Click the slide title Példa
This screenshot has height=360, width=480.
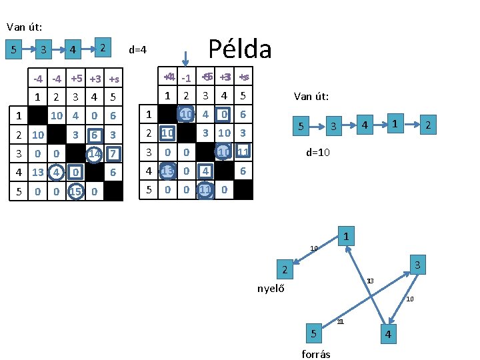tap(240, 48)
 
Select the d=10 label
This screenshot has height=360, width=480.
tap(317, 152)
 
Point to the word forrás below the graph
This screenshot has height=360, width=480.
tap(316, 353)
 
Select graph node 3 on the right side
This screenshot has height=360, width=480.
tap(417, 265)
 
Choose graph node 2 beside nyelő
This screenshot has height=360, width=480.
tap(283, 271)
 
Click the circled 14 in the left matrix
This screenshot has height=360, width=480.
tap(95, 153)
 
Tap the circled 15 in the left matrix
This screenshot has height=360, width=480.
tap(75, 192)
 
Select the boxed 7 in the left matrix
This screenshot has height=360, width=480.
tap(113, 154)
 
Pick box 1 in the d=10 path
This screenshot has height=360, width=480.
tap(395, 123)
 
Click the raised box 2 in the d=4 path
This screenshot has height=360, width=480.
tap(102, 46)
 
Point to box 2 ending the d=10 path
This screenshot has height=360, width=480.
tap(429, 125)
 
